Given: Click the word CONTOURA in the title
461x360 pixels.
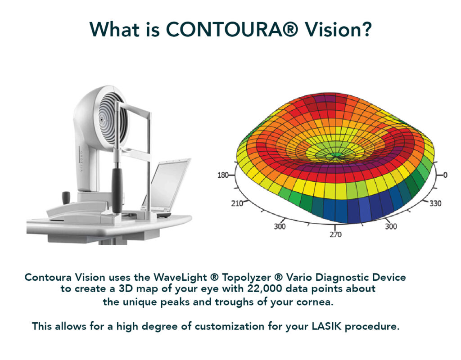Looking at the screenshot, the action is point(232,29).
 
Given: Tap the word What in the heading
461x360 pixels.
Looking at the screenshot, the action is point(114,29).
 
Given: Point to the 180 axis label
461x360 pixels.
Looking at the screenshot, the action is point(222,175).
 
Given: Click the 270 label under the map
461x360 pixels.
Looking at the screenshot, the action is point(335,234).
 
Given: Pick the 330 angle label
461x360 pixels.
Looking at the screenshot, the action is point(435,203).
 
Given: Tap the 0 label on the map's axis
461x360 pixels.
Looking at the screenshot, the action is point(445,175).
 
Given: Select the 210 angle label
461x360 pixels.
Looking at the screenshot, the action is point(237,203).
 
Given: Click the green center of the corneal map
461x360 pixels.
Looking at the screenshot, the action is point(336,155).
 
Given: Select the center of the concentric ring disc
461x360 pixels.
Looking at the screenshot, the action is point(101,120).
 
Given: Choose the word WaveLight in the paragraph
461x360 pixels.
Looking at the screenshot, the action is point(180,277).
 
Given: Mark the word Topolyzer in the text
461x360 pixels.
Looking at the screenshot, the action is point(246,277).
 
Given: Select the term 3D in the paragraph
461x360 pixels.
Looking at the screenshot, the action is point(126,289).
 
